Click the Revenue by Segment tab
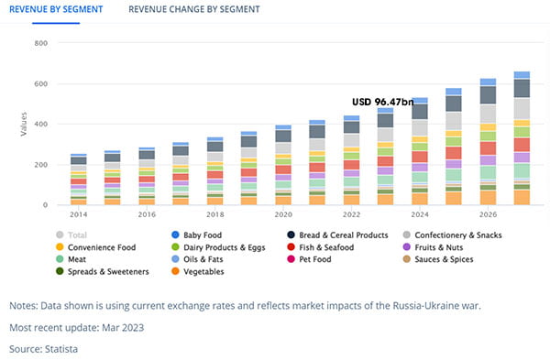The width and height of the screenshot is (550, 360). (x=56, y=9)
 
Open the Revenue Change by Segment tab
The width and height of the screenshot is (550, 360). (x=194, y=9)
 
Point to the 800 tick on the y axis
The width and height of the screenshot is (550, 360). (x=41, y=43)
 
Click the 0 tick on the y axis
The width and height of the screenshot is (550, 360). (x=45, y=205)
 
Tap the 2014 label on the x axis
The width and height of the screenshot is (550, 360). (x=78, y=214)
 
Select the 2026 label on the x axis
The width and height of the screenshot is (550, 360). (x=488, y=214)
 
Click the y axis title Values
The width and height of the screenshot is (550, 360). (x=24, y=124)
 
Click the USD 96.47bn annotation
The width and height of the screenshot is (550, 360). (x=382, y=102)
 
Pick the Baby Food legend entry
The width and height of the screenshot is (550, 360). (x=197, y=235)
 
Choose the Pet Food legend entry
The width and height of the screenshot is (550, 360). (x=309, y=259)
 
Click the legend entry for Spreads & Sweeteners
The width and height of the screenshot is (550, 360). (x=103, y=272)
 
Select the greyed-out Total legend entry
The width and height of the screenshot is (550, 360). (x=71, y=235)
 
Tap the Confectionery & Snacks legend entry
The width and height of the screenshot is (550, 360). (x=453, y=235)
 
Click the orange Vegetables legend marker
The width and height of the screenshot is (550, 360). (x=175, y=271)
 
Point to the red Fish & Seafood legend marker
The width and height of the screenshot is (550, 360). (x=291, y=247)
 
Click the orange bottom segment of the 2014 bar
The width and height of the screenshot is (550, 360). (x=79, y=202)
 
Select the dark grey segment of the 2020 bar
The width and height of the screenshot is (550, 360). (x=283, y=136)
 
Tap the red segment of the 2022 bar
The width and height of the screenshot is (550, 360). (x=351, y=165)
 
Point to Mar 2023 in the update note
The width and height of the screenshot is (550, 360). (x=123, y=328)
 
